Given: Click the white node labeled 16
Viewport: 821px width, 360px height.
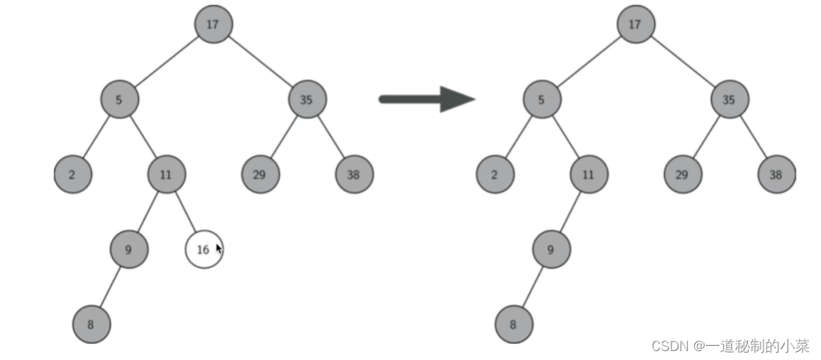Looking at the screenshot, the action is (x=203, y=249).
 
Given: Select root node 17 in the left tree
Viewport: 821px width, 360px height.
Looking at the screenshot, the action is (x=213, y=25).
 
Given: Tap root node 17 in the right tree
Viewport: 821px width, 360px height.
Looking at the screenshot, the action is (x=635, y=25).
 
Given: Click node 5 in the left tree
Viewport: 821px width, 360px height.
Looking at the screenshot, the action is (x=120, y=100).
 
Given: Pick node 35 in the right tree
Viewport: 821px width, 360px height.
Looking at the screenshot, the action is (x=729, y=100).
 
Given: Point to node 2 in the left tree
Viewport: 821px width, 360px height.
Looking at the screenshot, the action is (x=73, y=175).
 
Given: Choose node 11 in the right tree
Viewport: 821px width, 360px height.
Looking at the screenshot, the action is (x=589, y=175).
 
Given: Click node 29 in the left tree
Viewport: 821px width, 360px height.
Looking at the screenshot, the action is (x=260, y=175).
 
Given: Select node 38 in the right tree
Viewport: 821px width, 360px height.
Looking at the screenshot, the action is (x=776, y=175).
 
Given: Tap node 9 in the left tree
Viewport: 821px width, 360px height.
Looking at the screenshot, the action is (x=128, y=249).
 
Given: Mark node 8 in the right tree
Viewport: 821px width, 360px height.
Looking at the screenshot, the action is (x=513, y=325).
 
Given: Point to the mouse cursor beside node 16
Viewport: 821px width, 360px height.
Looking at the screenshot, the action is (x=219, y=248).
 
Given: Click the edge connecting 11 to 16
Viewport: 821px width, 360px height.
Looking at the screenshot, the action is (x=185, y=212).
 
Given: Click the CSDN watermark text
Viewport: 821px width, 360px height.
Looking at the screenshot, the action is (x=730, y=346).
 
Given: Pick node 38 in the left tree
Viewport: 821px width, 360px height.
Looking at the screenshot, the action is (x=354, y=175).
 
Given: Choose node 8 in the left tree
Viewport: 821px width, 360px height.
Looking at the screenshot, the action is (x=91, y=325).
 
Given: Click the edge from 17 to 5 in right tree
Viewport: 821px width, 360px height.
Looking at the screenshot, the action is (x=588, y=62).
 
